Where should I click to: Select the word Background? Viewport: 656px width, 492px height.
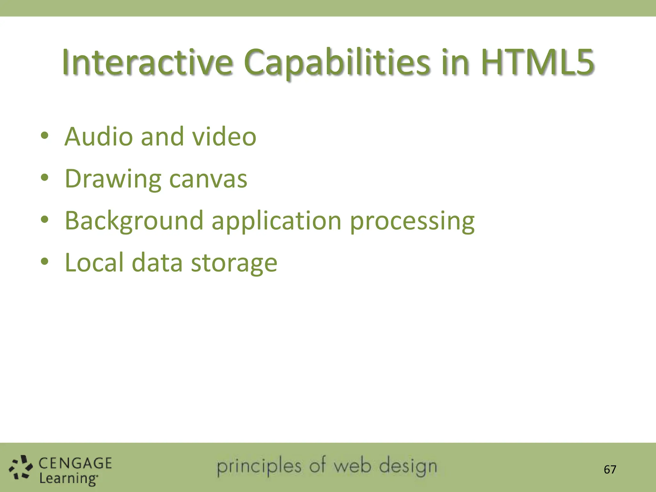pyautogui.click(x=134, y=221)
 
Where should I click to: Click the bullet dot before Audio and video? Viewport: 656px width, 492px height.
pyautogui.click(x=45, y=136)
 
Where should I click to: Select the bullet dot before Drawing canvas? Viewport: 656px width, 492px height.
pyautogui.click(x=45, y=178)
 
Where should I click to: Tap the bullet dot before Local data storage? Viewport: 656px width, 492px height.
pyautogui.click(x=45, y=262)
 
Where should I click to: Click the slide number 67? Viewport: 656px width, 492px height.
pyautogui.click(x=610, y=470)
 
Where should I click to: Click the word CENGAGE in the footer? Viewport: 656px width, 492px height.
pyautogui.click(x=75, y=463)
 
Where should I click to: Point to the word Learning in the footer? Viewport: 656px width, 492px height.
pyautogui.click(x=68, y=479)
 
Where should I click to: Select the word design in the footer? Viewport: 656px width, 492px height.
pyautogui.click(x=408, y=467)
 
